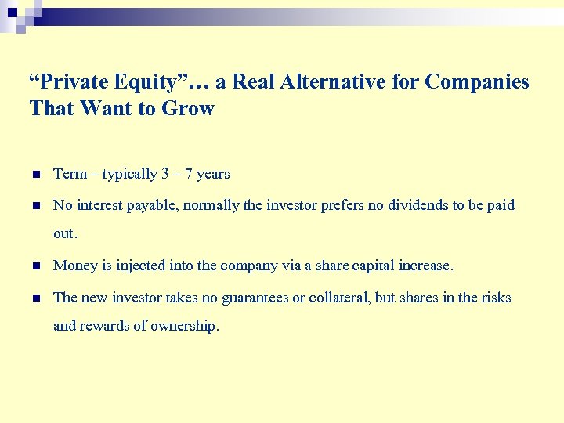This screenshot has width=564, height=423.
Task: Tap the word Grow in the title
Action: [x=188, y=109]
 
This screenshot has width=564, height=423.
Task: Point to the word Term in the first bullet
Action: [x=69, y=174]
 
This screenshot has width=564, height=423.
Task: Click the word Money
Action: [x=74, y=266]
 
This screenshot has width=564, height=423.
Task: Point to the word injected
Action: [x=141, y=266]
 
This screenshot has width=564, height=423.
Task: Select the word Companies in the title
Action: [x=477, y=82]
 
